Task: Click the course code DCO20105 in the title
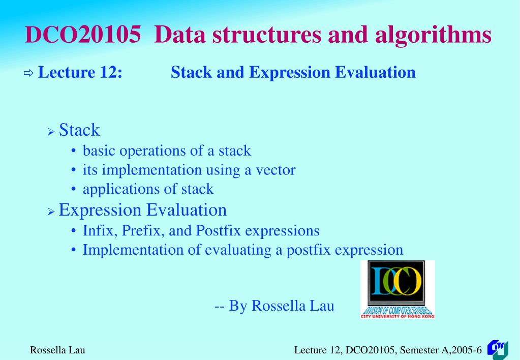click(x=82, y=35)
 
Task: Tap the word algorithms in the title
click(x=433, y=35)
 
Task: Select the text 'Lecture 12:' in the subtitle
click(x=80, y=73)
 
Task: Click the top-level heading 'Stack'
click(x=79, y=130)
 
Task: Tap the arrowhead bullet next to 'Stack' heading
click(x=51, y=132)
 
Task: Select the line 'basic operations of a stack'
click(x=167, y=151)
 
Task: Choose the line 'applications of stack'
click(x=148, y=189)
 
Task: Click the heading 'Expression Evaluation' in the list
click(x=143, y=210)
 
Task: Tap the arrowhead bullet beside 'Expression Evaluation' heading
click(x=51, y=212)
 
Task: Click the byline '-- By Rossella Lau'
click(x=274, y=306)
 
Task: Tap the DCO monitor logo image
click(x=397, y=289)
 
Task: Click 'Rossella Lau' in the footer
click(x=57, y=350)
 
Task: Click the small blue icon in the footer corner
click(x=498, y=349)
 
